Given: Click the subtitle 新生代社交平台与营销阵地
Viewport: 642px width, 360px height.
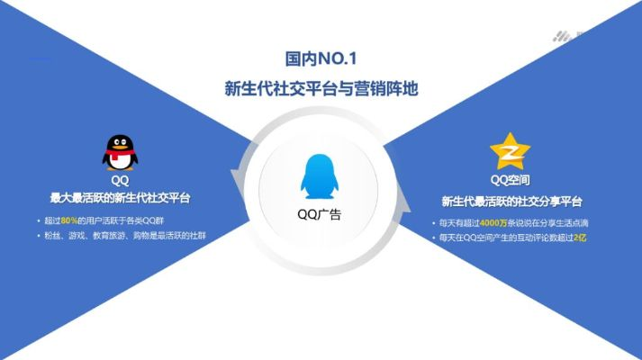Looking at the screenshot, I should pyautogui.click(x=321, y=90).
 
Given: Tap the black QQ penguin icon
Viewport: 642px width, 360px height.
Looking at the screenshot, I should pyautogui.click(x=120, y=152).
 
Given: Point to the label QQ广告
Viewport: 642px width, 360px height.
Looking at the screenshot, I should pyautogui.click(x=320, y=215).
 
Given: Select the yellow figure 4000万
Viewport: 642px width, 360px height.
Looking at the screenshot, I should pyautogui.click(x=494, y=222).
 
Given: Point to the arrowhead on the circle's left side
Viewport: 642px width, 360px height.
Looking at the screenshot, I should pyautogui.click(x=237, y=180).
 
